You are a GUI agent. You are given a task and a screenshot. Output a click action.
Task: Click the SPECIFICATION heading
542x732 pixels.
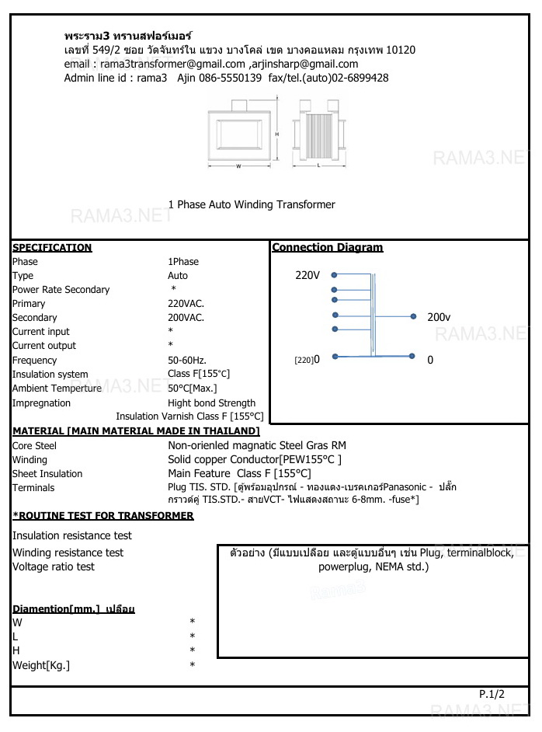(x=52, y=248)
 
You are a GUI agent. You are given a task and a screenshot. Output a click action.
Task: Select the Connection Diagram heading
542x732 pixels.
(x=327, y=248)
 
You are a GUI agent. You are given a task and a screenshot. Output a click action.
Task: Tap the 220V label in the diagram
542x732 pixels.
(x=307, y=275)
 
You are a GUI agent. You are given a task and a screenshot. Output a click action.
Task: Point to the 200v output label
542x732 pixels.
(x=439, y=317)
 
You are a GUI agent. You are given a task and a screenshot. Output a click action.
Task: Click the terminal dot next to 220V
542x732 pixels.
(x=334, y=275)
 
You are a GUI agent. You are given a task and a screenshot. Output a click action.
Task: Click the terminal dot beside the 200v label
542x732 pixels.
(x=412, y=316)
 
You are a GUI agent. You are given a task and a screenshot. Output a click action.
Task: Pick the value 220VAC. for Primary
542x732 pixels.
(x=186, y=304)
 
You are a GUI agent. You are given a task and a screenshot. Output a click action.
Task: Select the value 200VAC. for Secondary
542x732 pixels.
(x=186, y=318)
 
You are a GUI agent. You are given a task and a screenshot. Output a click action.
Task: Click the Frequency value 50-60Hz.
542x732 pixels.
(x=187, y=361)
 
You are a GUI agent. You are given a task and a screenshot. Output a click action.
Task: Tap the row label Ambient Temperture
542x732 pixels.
(x=57, y=389)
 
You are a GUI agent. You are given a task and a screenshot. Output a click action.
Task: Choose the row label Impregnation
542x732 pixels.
(x=41, y=403)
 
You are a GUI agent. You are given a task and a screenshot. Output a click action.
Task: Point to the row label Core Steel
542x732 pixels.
(x=34, y=446)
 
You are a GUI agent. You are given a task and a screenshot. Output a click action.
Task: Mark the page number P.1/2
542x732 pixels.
(x=492, y=694)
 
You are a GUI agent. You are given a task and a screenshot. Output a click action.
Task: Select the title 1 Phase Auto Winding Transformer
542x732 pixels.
(x=252, y=205)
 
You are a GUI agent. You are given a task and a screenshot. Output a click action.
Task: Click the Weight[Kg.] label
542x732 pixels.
(x=41, y=666)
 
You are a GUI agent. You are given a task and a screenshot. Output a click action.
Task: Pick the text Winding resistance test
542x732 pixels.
(x=68, y=552)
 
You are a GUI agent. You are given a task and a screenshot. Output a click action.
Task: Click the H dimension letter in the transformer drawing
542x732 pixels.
(x=277, y=134)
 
